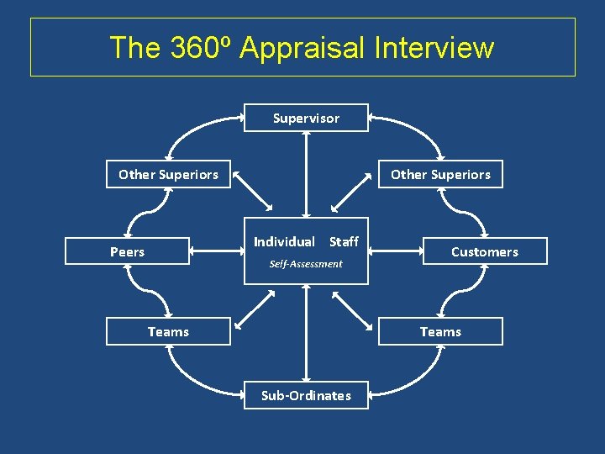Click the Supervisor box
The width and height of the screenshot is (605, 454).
pos(306,119)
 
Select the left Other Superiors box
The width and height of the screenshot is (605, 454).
pos(168,175)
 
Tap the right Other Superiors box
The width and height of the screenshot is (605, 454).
pos(440,175)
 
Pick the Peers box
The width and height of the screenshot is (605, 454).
pos(128,251)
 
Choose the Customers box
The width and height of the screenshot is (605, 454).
pos(485,251)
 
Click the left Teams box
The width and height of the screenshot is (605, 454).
pos(168,331)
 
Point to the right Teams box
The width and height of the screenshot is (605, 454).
pos(440,331)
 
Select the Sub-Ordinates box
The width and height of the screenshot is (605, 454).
pos(306,395)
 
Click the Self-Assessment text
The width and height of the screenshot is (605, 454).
pos(306,264)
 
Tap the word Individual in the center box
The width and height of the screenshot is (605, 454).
pos(284,242)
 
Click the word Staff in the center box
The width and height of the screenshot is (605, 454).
pos(344,242)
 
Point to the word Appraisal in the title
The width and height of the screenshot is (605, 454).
pos(302,48)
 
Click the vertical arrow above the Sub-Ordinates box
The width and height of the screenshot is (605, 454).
pos(306,333)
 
